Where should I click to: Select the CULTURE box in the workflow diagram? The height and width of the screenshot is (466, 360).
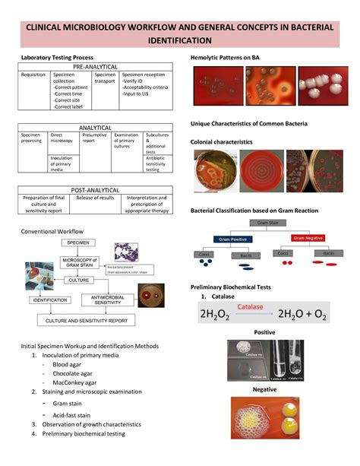coord(78,281)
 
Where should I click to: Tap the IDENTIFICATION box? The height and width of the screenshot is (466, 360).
coord(50,300)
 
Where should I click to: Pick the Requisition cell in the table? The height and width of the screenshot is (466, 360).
coord(33,75)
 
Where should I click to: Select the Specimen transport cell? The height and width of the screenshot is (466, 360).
coord(105,78)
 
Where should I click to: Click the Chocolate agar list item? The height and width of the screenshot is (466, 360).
coord(74,374)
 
